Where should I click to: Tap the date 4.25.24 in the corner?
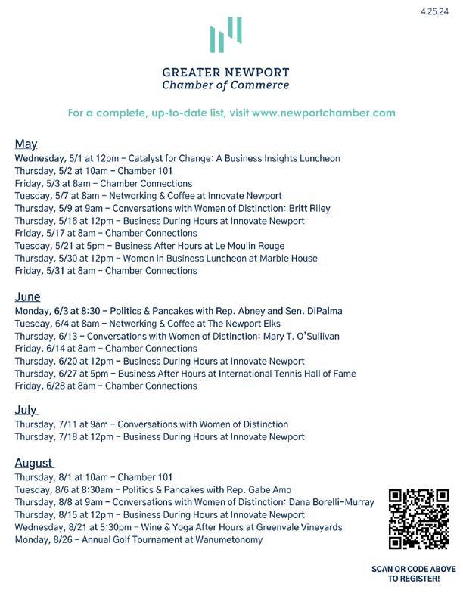tap(440, 12)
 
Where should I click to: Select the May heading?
tap(26, 144)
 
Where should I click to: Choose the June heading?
tap(27, 296)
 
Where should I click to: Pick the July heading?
tap(26, 409)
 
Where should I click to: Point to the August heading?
tap(34, 462)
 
